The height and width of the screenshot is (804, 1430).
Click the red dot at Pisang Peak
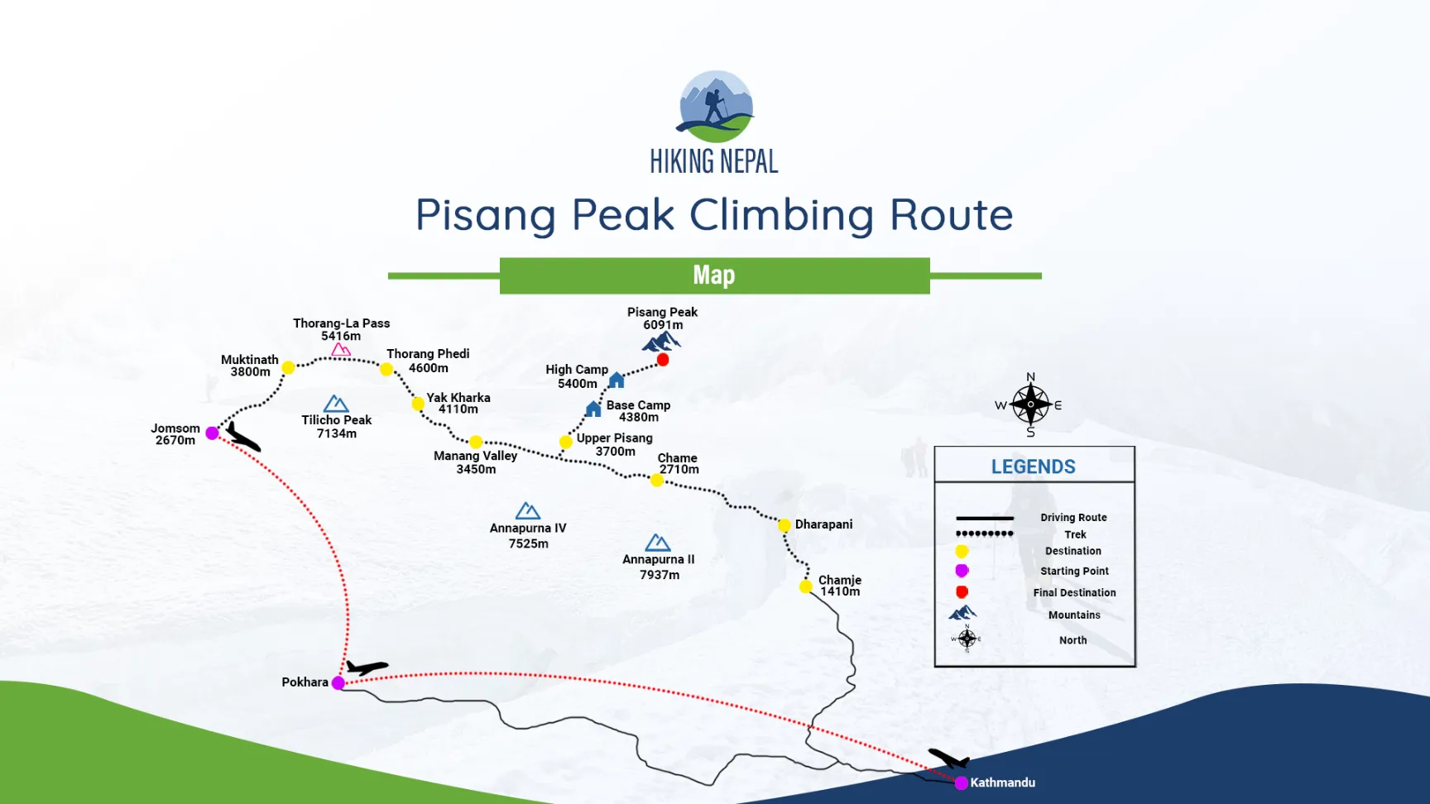pyautogui.click(x=663, y=360)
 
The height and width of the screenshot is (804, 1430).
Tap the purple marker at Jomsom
pyautogui.click(x=212, y=433)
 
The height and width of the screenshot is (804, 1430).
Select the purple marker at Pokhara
pyautogui.click(x=338, y=683)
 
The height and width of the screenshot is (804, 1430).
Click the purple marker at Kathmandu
pyautogui.click(x=961, y=782)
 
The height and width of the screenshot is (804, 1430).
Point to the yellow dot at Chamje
pyautogui.click(x=805, y=586)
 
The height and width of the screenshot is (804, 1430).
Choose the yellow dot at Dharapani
pyautogui.click(x=784, y=525)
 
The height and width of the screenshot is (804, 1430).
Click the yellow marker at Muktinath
pyautogui.click(x=288, y=367)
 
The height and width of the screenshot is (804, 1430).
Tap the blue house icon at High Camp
pyautogui.click(x=617, y=380)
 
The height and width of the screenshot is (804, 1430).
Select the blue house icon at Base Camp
pyautogui.click(x=593, y=409)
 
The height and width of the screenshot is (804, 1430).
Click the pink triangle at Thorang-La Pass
pyautogui.click(x=341, y=350)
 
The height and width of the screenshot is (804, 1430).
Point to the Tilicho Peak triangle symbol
pyautogui.click(x=336, y=404)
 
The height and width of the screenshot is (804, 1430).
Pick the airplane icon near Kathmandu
pyautogui.click(x=948, y=758)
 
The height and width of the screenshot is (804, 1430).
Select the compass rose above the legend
pyautogui.click(x=1030, y=404)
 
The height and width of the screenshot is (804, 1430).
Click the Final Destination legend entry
pyautogui.click(x=1074, y=592)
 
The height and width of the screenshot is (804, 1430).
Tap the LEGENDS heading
pyautogui.click(x=1034, y=467)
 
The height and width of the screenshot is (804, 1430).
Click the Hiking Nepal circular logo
pyautogui.click(x=715, y=107)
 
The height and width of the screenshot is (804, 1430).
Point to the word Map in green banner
pyautogui.click(x=714, y=275)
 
